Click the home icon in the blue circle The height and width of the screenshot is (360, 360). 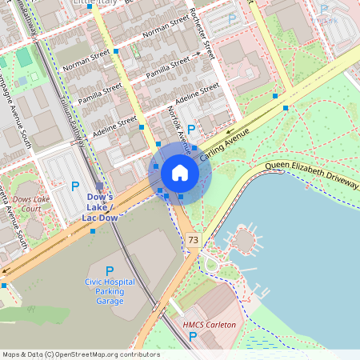pyautogui.click(x=180, y=172)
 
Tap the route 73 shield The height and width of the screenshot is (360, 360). pyautogui.click(x=193, y=239)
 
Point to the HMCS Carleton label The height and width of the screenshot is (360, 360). pyautogui.click(x=210, y=325)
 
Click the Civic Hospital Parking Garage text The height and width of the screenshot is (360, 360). pyautogui.click(x=110, y=291)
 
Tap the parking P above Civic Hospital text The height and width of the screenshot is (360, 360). pyautogui.click(x=110, y=271)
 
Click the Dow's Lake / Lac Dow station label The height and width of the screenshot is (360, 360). pyautogui.click(x=100, y=206)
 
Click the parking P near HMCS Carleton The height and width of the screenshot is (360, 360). pyautogui.click(x=192, y=336)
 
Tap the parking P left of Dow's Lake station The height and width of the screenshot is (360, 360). pyautogui.click(x=75, y=186)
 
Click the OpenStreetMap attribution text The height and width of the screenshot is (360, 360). pyautogui.click(x=80, y=354)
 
